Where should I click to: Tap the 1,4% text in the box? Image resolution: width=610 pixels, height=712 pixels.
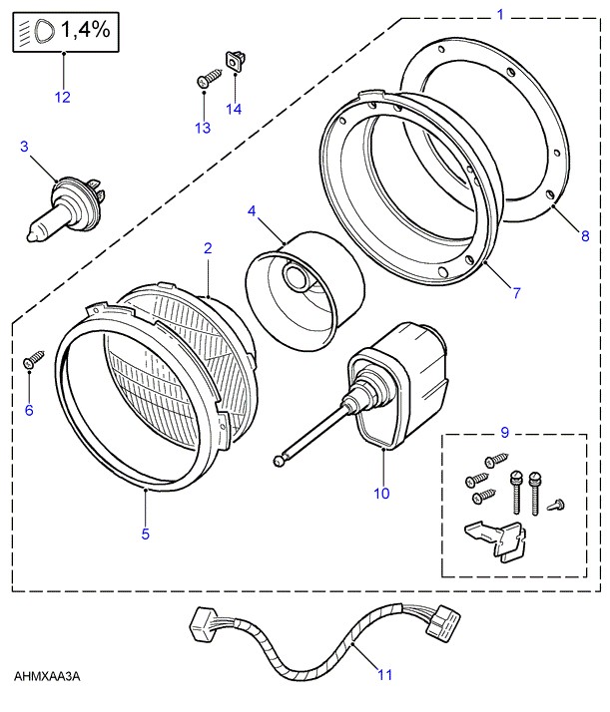[84, 32]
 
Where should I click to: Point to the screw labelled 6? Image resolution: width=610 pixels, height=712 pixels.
[32, 358]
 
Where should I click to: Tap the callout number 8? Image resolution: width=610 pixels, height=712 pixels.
[585, 235]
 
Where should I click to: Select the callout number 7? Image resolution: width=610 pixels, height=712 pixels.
[517, 293]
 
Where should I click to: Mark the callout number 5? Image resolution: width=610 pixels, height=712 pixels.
[145, 534]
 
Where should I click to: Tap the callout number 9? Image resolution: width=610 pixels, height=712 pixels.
[504, 432]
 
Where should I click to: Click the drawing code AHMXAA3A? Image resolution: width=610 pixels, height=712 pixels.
[47, 677]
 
